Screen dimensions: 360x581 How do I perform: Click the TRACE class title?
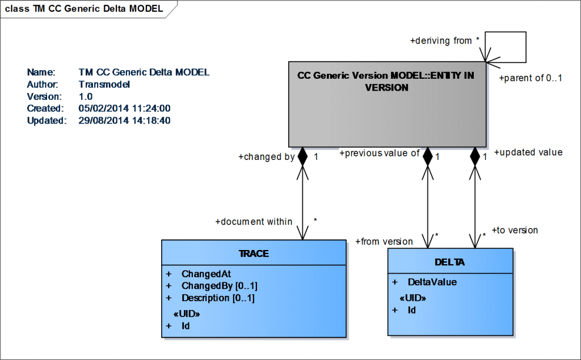(x=254, y=253)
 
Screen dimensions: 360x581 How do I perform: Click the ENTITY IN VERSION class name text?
(x=386, y=82)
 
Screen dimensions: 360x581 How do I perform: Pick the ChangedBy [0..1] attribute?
(x=219, y=285)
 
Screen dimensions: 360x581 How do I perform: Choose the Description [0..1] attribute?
(x=218, y=298)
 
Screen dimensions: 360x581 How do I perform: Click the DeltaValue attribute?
(x=432, y=282)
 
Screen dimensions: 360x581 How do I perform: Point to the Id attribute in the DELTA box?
(x=412, y=310)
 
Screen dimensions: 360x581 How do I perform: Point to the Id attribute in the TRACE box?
(x=186, y=326)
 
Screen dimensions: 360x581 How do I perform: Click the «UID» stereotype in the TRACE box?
(x=186, y=314)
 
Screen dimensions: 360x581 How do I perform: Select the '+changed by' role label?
(x=266, y=157)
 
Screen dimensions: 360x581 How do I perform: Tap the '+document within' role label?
(x=254, y=222)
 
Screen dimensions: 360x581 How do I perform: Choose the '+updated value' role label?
(x=528, y=152)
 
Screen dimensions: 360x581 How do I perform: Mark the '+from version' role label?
(x=384, y=242)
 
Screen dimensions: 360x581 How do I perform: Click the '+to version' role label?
(x=514, y=230)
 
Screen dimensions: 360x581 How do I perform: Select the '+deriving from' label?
(x=441, y=41)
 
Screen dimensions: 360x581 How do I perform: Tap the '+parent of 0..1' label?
(x=530, y=78)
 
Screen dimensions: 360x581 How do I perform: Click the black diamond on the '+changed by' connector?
(x=302, y=156)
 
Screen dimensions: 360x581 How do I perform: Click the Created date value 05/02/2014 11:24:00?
(x=125, y=108)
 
